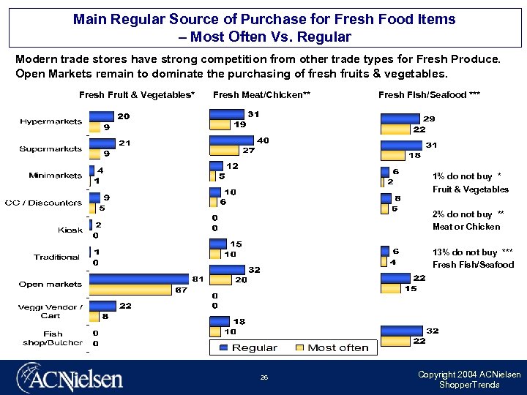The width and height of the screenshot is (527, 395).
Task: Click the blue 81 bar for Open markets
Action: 138,279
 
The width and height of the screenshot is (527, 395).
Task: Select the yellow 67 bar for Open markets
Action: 130,290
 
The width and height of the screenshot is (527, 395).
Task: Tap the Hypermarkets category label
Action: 51,121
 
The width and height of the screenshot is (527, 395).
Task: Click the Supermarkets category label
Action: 50,148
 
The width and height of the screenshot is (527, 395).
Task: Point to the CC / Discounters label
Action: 43,203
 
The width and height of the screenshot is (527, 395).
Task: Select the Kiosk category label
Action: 70,230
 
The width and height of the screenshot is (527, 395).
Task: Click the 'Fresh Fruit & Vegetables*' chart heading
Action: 137,95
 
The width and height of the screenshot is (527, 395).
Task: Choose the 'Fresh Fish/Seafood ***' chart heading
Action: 419,95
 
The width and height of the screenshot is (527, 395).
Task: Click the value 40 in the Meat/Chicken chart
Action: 263,140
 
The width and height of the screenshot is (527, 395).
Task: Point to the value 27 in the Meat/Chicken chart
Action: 249,151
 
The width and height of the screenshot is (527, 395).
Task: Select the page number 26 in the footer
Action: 264,378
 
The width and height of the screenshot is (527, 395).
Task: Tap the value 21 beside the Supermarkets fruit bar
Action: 124,143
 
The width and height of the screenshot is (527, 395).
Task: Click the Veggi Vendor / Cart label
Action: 50,311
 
